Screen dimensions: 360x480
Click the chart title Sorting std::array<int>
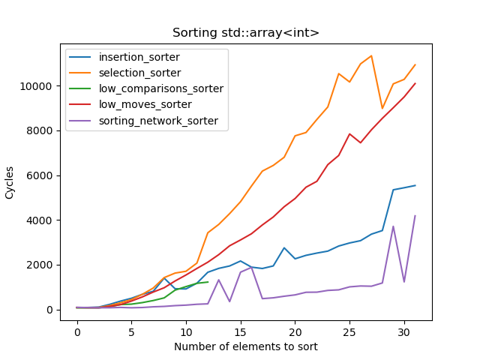246,33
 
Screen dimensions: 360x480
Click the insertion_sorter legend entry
138,58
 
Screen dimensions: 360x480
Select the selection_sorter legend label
139,73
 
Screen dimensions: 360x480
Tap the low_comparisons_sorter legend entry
160,88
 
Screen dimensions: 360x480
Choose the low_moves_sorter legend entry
145,104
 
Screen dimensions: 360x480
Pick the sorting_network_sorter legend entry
158,120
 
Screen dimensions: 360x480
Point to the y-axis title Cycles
10,182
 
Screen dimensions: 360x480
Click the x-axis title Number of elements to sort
246,346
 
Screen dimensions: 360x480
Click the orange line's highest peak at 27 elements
371,55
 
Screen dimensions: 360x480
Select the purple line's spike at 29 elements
393,226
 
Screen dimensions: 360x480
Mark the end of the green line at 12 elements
208,282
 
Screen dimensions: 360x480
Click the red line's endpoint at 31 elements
415,83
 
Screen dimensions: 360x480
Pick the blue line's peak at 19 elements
284,247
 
